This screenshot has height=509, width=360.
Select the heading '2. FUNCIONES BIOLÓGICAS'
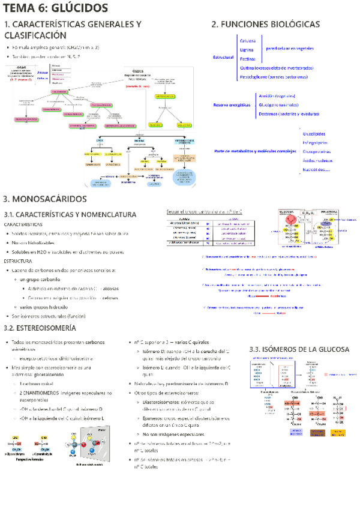(x=265, y=24)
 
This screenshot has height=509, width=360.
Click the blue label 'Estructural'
(x=223, y=57)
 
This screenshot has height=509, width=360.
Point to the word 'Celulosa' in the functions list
(x=247, y=40)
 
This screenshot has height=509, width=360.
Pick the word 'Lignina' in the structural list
(x=246, y=50)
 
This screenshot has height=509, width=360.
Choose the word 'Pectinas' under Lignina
(x=247, y=59)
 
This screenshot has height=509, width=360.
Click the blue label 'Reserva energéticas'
(x=232, y=105)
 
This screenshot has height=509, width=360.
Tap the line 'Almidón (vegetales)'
(x=276, y=95)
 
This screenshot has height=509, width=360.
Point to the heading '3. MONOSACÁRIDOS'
(x=45, y=199)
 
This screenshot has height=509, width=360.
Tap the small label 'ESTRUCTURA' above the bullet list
(x=18, y=262)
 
